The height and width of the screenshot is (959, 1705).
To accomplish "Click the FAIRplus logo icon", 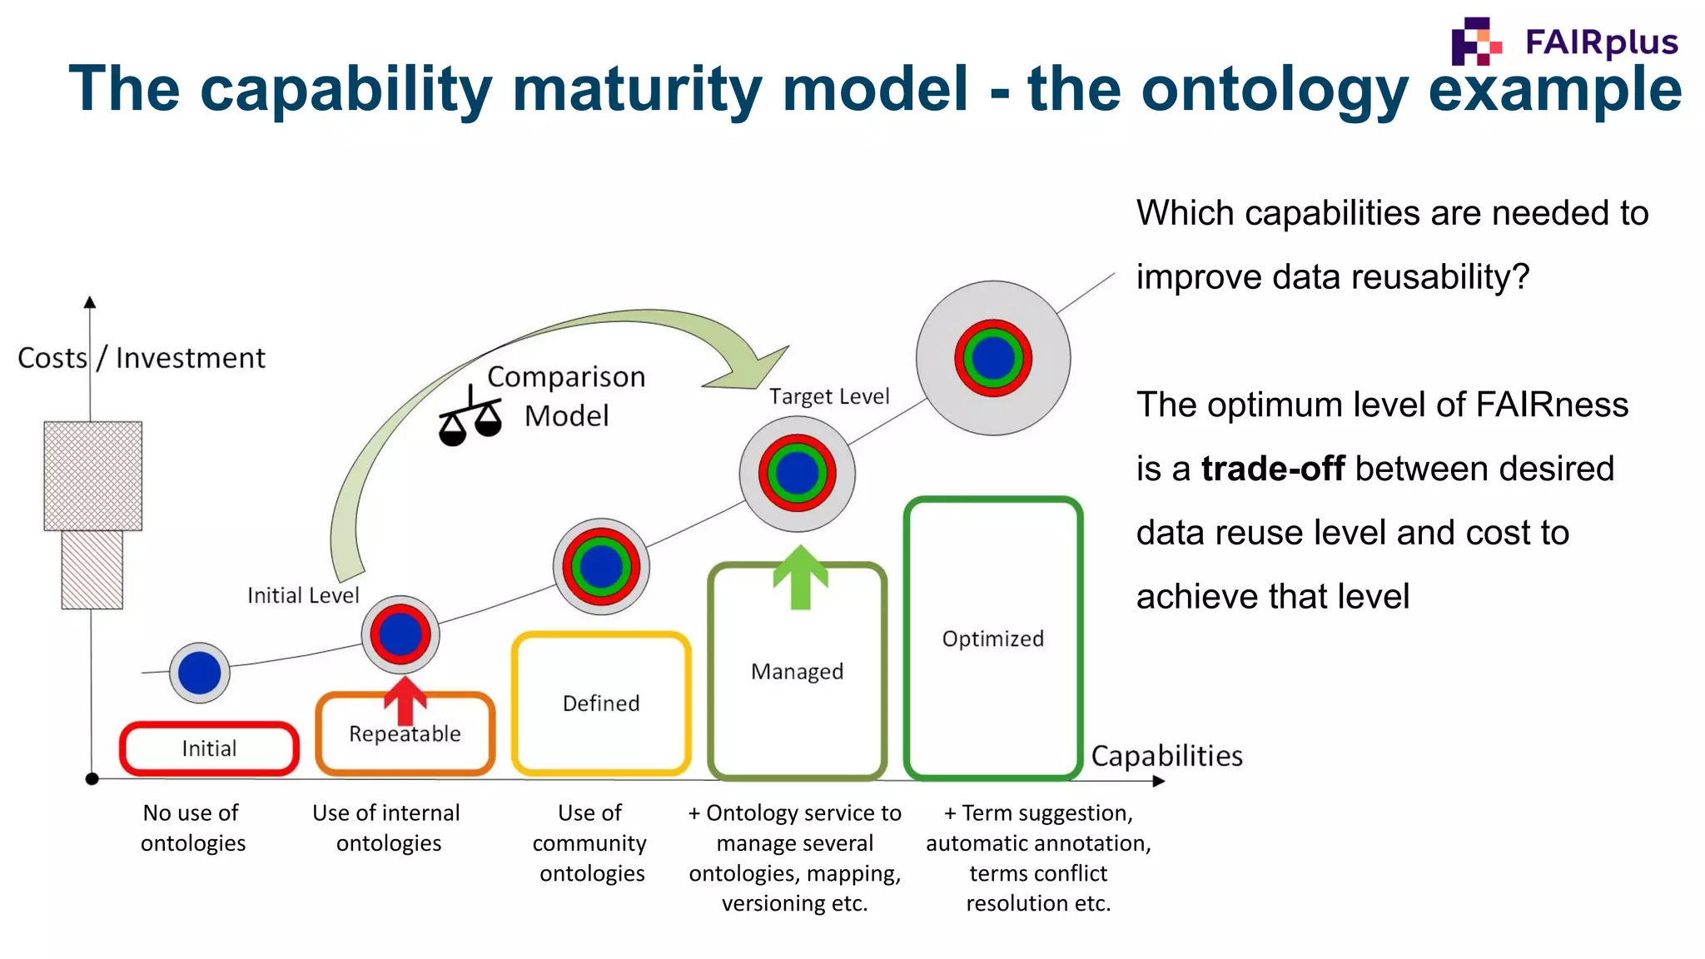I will pyautogui.click(x=1475, y=42).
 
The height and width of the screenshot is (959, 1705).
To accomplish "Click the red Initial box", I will pyautogui.click(x=209, y=748).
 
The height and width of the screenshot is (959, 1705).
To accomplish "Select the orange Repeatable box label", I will pyautogui.click(x=405, y=734).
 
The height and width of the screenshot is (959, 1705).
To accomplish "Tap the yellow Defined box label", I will pyautogui.click(x=601, y=703).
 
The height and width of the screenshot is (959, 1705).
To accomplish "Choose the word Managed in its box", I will pyautogui.click(x=797, y=672).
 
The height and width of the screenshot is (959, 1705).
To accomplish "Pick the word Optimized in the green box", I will pyautogui.click(x=992, y=639).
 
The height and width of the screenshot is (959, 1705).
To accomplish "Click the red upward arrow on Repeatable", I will pyautogui.click(x=405, y=699).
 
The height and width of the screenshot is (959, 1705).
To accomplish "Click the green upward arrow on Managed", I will pyautogui.click(x=800, y=577).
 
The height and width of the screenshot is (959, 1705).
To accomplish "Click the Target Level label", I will pyautogui.click(x=829, y=396).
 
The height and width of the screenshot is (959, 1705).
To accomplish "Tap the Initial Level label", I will pyautogui.click(x=303, y=595).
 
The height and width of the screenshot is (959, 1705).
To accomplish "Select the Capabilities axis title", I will pyautogui.click(x=1166, y=756).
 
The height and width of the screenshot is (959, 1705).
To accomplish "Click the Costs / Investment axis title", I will pyautogui.click(x=142, y=358).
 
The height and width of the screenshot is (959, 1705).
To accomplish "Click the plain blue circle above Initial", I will pyautogui.click(x=200, y=673).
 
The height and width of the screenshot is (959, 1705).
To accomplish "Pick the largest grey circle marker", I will pyautogui.click(x=993, y=358).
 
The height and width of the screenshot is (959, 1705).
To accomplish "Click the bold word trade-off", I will pyautogui.click(x=1272, y=469).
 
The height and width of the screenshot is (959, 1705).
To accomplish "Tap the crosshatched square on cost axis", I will pyautogui.click(x=93, y=475).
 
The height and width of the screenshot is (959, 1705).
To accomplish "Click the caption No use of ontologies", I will pyautogui.click(x=193, y=827).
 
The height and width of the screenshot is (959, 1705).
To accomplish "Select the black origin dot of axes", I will pyautogui.click(x=92, y=779).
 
